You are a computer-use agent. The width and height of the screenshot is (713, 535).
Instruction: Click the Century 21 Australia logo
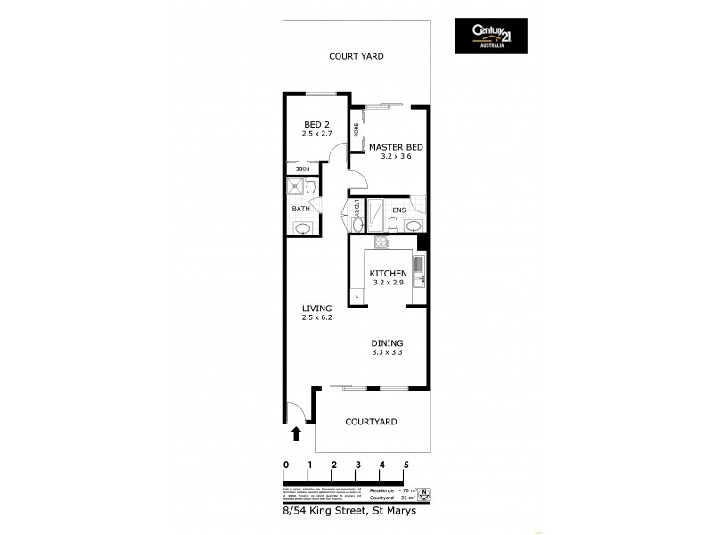pos(491,36)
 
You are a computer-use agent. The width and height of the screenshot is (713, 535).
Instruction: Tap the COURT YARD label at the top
pos(356,56)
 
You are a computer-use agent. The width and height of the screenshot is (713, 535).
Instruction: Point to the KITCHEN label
pos(388,274)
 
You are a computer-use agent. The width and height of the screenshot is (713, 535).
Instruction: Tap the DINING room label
pos(388,342)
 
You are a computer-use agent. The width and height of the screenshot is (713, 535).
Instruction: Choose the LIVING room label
pos(316,308)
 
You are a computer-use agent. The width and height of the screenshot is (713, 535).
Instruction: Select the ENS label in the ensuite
pos(399,211)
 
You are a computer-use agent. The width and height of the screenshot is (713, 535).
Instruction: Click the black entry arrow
pos(296,433)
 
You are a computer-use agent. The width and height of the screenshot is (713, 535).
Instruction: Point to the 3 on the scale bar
pos(357,465)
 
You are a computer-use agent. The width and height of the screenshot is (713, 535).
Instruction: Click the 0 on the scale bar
pos(285,465)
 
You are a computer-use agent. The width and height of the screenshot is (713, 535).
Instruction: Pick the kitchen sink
pos(420,267)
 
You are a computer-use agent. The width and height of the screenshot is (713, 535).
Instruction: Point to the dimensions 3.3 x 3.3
pos(388,353)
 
